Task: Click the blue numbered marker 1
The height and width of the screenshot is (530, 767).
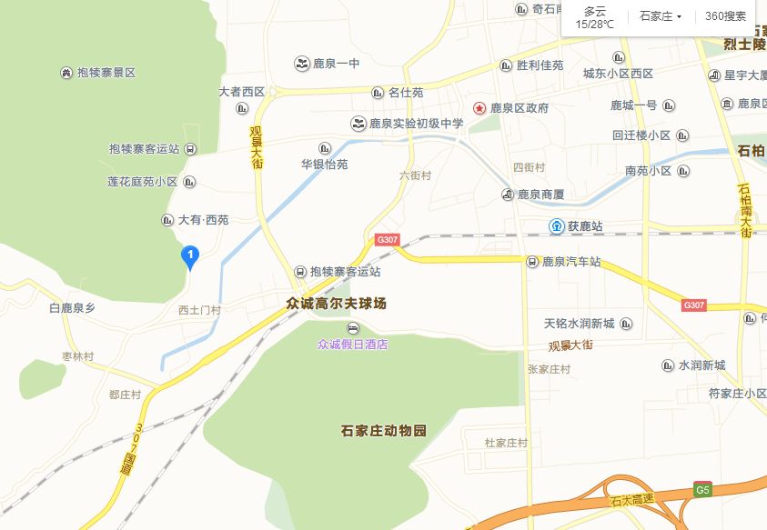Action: (x=190, y=256)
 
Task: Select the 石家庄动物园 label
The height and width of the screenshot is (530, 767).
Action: (x=383, y=429)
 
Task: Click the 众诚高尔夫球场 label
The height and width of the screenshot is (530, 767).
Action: (x=337, y=304)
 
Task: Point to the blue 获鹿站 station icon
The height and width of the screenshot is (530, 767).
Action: (x=555, y=225)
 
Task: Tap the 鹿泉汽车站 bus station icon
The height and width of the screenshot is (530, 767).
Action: (x=532, y=262)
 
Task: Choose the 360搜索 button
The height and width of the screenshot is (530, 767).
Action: (x=725, y=16)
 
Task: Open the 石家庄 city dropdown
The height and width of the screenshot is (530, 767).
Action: (x=661, y=16)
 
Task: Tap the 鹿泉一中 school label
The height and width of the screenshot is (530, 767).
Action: (x=336, y=64)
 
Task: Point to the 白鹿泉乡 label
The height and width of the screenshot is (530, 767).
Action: (x=73, y=308)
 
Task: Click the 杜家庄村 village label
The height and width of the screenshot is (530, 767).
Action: (x=507, y=443)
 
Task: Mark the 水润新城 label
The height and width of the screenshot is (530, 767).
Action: (x=701, y=365)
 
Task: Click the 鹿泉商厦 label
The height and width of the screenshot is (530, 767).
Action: (x=540, y=195)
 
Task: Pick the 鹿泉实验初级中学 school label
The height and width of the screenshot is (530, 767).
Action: (x=416, y=124)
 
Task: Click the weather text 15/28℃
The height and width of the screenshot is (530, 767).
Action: (x=594, y=24)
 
